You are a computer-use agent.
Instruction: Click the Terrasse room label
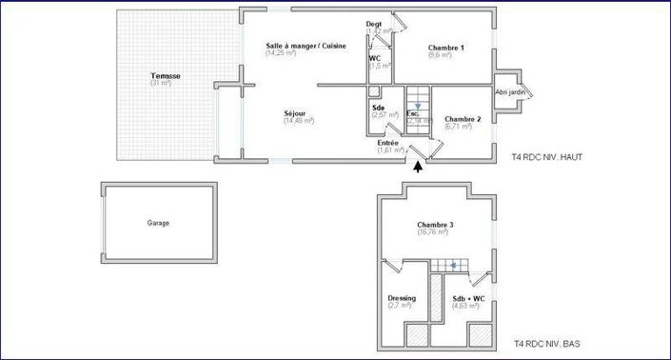pyautogui.click(x=166, y=75)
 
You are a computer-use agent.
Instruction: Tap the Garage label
pyautogui.click(x=158, y=223)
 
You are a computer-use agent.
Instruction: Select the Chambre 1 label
pyautogui.click(x=445, y=48)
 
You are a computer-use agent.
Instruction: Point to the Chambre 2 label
pyautogui.click(x=463, y=119)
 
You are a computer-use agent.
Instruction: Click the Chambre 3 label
pyautogui.click(x=435, y=225)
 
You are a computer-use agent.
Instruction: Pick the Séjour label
pyautogui.click(x=295, y=113)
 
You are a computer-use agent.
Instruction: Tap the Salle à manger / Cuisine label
pyautogui.click(x=306, y=46)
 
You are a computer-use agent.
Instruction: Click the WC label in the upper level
pyautogui.click(x=375, y=58)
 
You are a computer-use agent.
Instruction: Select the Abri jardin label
pyautogui.click(x=511, y=92)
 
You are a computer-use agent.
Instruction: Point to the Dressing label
pyautogui.click(x=402, y=298)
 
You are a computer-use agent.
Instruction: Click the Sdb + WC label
pyautogui.click(x=468, y=298)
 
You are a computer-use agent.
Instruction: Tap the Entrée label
pyautogui.click(x=388, y=143)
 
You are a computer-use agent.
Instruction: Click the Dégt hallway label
pyautogui.click(x=374, y=23)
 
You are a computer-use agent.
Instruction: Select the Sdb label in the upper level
pyautogui.click(x=379, y=107)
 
